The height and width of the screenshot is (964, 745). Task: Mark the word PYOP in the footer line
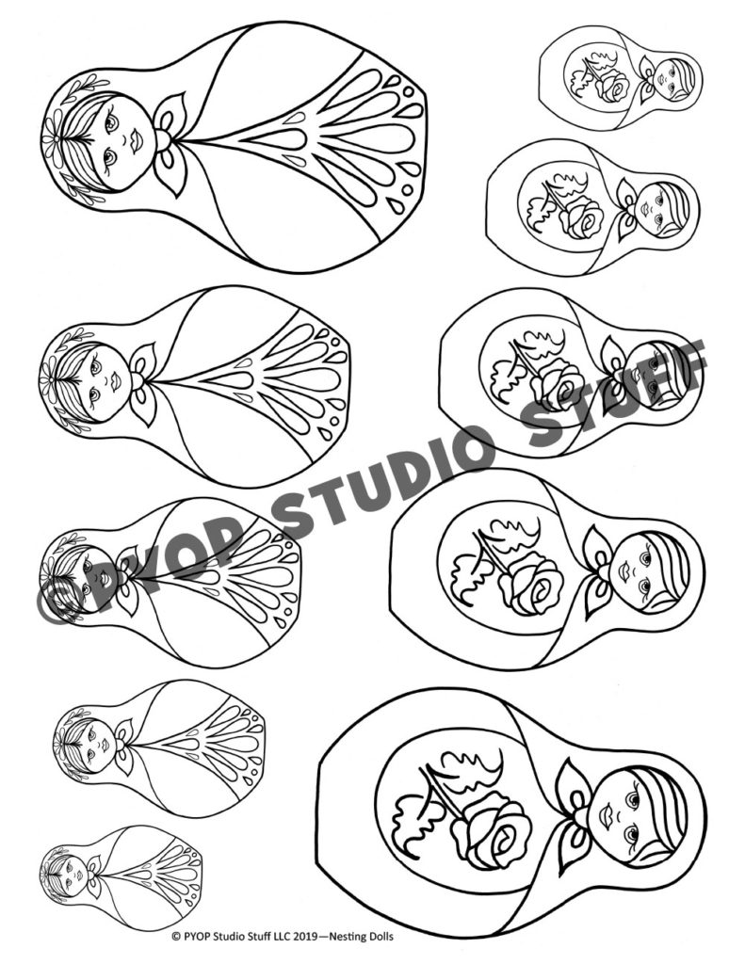(x=199, y=937)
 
